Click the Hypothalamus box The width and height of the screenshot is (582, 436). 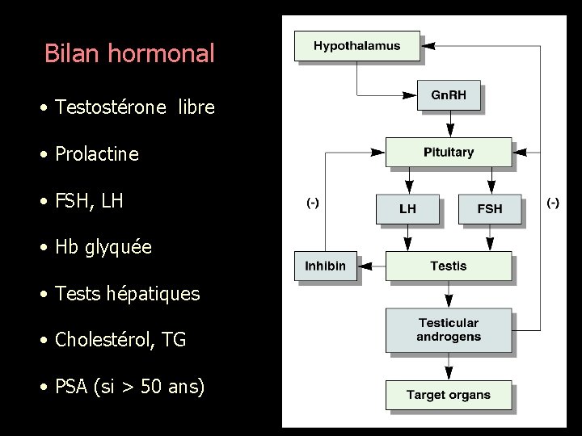pyautogui.click(x=356, y=46)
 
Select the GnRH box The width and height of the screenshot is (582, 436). pyautogui.click(x=448, y=95)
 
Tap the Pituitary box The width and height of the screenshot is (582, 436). pyautogui.click(x=448, y=152)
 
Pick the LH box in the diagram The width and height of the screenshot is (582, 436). pyautogui.click(x=407, y=208)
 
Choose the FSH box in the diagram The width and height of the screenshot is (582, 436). pyautogui.click(x=489, y=208)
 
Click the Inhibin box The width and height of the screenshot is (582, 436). pyautogui.click(x=325, y=266)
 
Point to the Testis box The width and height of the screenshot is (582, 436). pyautogui.click(x=448, y=266)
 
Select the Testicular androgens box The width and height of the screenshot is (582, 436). pyautogui.click(x=448, y=330)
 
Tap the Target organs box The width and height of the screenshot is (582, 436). pyautogui.click(x=448, y=395)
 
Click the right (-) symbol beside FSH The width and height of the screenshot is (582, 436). pyautogui.click(x=553, y=203)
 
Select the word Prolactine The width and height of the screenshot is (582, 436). pyautogui.click(x=97, y=153)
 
